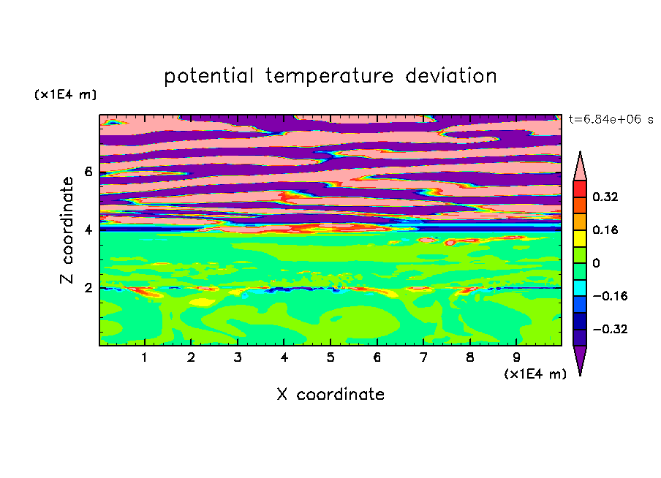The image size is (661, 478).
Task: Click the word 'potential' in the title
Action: point(208,77)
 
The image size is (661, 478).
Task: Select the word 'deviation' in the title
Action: point(450,76)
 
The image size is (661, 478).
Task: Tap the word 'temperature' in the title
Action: point(329,77)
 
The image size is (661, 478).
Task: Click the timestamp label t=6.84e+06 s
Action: point(611,119)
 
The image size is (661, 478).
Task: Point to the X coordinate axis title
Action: point(330,394)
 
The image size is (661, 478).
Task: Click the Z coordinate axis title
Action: point(67,230)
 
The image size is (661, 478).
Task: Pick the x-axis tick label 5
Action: point(330,357)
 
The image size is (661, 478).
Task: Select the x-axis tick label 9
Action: point(516,357)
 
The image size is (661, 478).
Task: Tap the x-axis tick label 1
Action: point(144,357)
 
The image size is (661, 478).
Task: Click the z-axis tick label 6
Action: point(88,172)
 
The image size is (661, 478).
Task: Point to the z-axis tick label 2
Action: point(88,288)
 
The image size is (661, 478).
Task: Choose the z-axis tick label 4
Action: point(88,230)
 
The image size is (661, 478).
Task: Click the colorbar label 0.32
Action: point(605,197)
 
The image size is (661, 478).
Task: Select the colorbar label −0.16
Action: point(610,296)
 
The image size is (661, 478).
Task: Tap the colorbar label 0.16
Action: point(605,229)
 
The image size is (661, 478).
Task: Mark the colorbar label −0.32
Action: point(610,329)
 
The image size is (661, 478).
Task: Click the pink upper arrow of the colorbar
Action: point(580,169)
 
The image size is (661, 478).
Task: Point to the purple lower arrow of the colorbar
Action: point(580,357)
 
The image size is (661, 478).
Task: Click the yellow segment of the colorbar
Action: point(580,238)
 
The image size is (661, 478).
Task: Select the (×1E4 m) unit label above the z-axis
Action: point(65,94)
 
